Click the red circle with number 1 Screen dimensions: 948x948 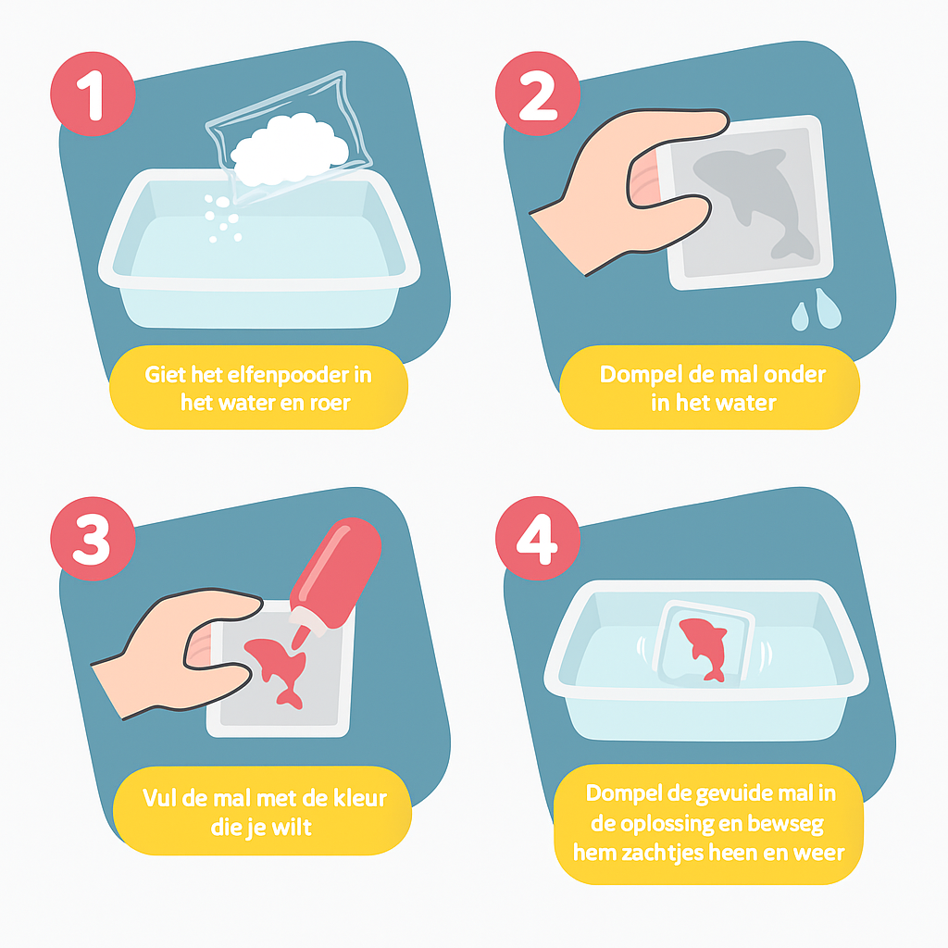93,94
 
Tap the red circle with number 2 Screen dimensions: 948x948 538,94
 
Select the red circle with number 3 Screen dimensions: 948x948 93,539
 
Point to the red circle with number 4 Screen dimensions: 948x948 538,539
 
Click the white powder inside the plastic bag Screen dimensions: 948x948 290,149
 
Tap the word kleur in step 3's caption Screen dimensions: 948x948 360,798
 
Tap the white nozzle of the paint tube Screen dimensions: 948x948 308,618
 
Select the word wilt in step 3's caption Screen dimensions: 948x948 292,827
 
